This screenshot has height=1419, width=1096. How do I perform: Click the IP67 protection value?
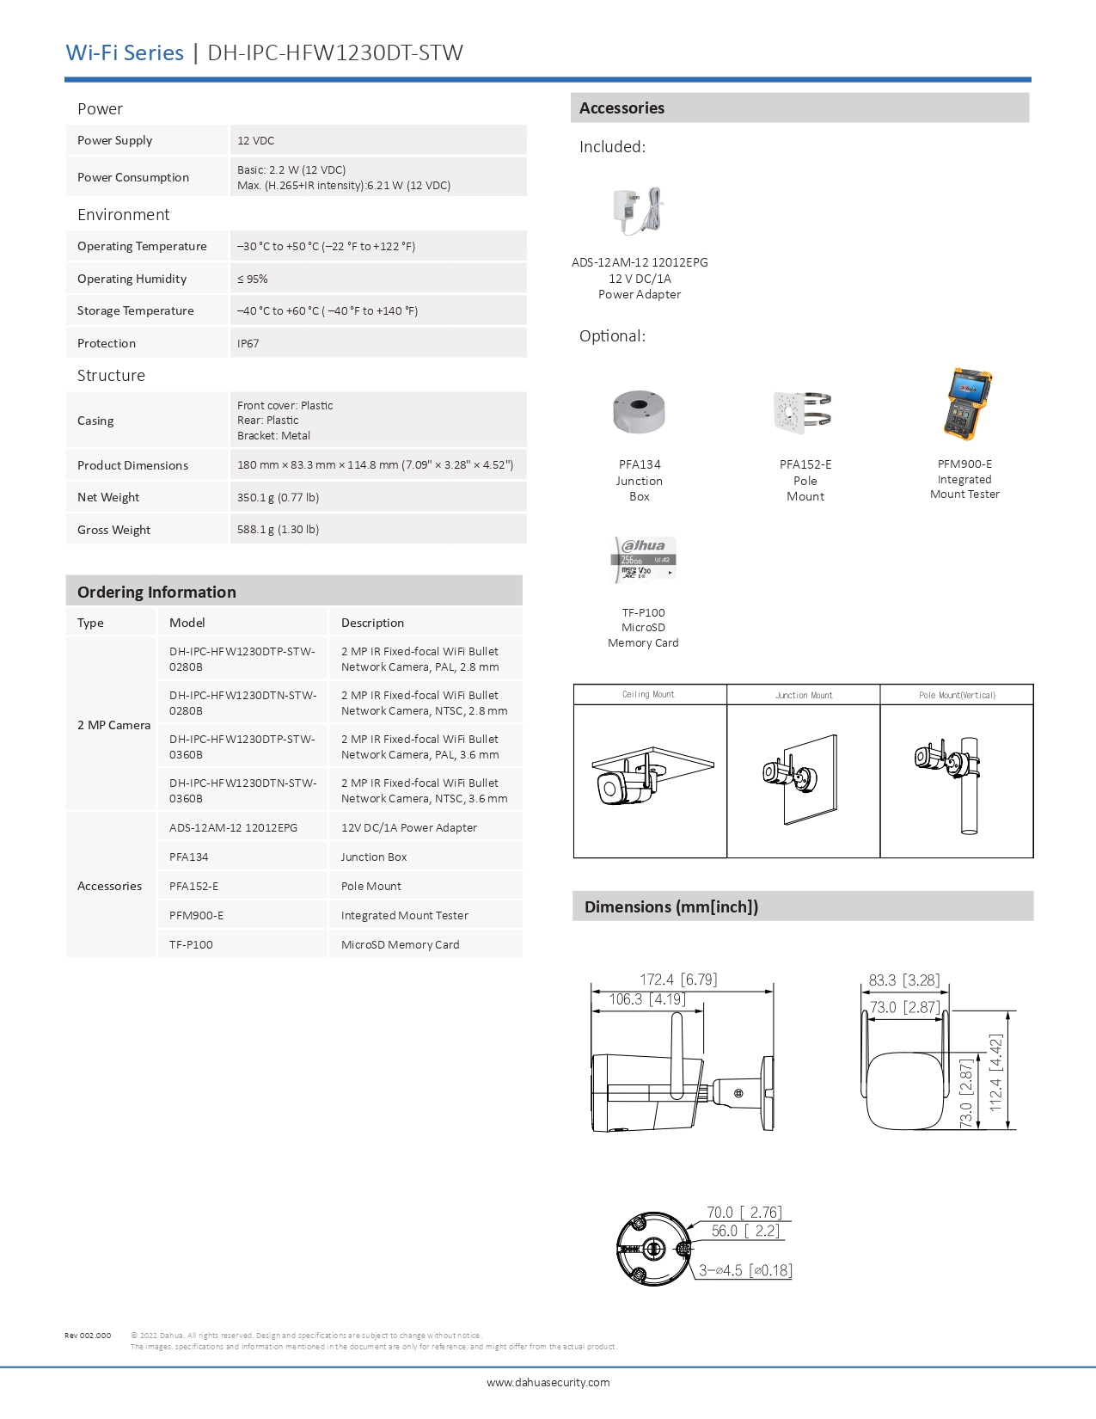[248, 343]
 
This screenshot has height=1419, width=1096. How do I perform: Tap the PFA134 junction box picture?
[639, 412]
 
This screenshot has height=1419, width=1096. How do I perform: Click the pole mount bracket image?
[803, 412]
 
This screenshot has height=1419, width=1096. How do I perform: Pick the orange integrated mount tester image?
[968, 404]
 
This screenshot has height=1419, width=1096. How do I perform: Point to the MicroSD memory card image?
[645, 560]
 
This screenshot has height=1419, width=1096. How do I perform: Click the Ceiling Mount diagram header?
[649, 695]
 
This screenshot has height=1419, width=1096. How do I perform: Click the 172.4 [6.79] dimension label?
[678, 980]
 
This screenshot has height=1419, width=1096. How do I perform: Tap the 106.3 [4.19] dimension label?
[647, 999]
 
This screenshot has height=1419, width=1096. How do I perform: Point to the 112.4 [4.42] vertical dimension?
[995, 1073]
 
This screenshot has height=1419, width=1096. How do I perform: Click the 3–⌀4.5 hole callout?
[744, 1270]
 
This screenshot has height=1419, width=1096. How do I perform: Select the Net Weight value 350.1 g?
[278, 497]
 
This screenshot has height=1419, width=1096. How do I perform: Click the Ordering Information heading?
[156, 592]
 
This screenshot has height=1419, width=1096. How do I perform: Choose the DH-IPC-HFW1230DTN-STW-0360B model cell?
[242, 790]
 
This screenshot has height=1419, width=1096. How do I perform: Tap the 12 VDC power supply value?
[256, 140]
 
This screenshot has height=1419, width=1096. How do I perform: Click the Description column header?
[372, 623]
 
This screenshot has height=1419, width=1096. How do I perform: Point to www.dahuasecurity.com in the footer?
[548, 1383]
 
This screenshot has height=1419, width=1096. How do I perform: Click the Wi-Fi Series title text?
[125, 52]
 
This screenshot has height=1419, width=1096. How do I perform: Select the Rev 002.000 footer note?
[88, 1336]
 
